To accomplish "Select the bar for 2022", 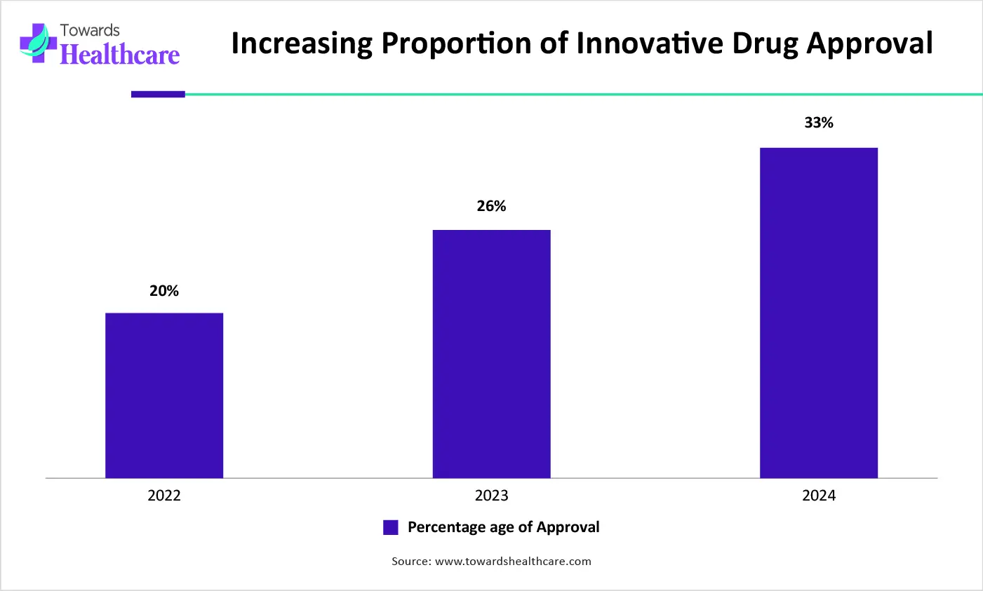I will (164, 395).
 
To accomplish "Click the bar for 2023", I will (491, 354).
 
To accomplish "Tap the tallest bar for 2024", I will (819, 313).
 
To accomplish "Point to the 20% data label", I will (164, 291).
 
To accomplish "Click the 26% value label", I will (491, 206).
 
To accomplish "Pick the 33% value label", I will (819, 123).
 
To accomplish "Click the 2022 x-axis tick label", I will (164, 496).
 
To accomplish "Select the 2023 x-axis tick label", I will (491, 496).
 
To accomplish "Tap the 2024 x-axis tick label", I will (819, 496).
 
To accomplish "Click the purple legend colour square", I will (391, 527).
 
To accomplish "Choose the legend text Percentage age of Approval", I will (503, 527).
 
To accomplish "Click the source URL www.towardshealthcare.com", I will (513, 561).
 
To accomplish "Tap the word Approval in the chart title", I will (869, 43).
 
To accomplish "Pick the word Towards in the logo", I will (90, 30).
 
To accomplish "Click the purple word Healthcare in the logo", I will (120, 54).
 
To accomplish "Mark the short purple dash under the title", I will (158, 94).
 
